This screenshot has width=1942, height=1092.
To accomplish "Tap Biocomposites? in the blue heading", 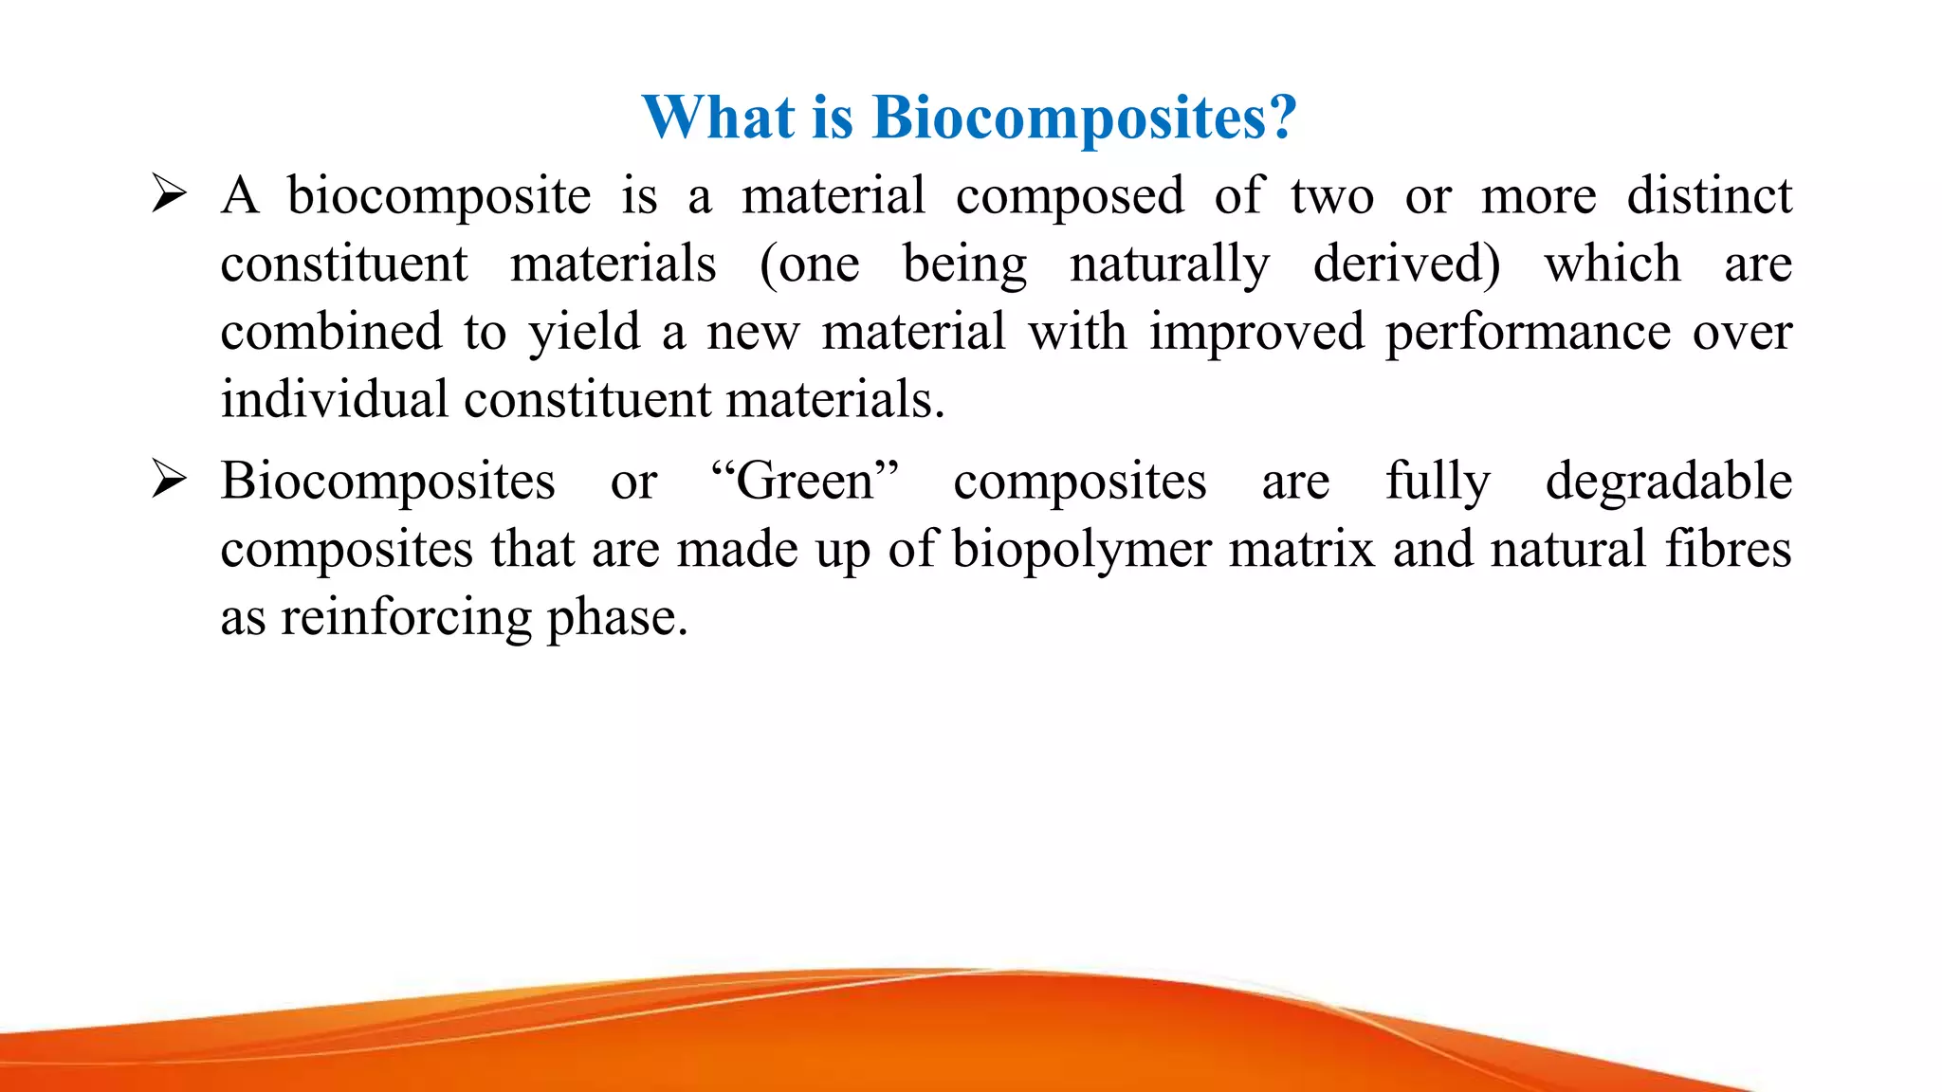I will coord(1084,119).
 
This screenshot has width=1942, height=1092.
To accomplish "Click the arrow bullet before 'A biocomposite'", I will coord(169,195).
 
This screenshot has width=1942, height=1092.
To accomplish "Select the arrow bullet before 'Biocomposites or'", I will coord(169,481).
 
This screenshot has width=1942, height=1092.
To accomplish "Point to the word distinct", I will coord(1709,196).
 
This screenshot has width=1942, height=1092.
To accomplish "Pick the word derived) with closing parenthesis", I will coord(1406,264).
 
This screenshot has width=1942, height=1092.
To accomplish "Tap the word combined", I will coord(331,332).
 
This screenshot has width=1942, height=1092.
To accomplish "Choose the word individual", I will coord(334,399).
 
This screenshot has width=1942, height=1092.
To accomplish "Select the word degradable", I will coord(1668,482).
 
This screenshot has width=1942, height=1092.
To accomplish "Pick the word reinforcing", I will coord(406,618).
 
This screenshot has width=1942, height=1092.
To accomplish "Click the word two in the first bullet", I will coord(1331,196).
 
